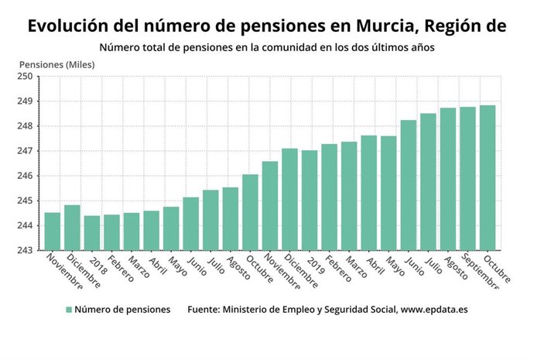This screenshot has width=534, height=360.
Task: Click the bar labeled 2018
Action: tap(92, 232)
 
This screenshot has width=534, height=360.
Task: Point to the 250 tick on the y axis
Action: tap(26, 77)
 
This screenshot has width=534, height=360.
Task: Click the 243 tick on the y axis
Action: tap(26, 250)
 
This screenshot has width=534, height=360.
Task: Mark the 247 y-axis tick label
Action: tap(26, 151)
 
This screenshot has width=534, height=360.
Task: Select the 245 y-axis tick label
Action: tap(26, 201)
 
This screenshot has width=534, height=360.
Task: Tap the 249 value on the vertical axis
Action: tap(26, 101)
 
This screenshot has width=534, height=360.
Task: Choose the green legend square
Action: tap(69, 310)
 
